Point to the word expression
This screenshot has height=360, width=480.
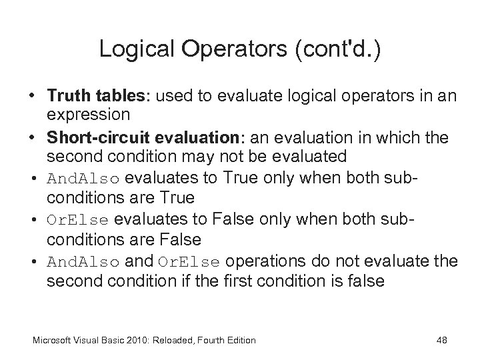click(88, 114)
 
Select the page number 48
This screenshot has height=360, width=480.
click(441, 340)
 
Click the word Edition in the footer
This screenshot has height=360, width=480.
click(239, 340)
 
